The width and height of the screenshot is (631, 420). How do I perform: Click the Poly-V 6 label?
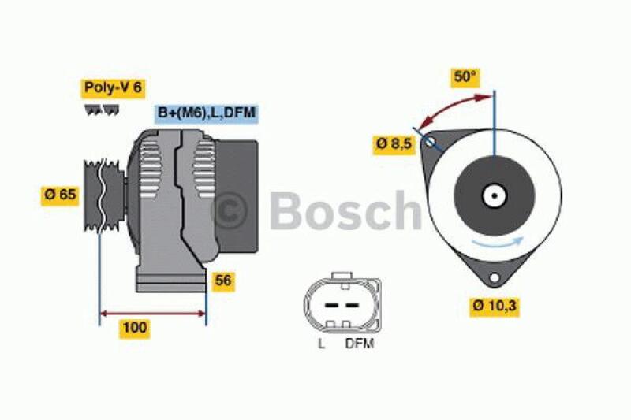coord(112,88)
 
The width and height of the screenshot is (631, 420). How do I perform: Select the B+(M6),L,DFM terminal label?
coord(206,113)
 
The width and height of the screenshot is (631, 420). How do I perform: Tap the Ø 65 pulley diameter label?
coord(60,195)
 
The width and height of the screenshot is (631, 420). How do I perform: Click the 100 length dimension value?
coord(135,328)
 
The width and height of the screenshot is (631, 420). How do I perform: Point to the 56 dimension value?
coord(223,280)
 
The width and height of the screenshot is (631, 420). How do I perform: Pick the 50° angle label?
coord(465,76)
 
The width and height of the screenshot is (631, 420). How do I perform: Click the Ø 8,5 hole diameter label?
coord(394,145)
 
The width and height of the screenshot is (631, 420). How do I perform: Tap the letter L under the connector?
coord(321,344)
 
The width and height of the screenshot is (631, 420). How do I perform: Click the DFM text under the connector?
coord(359,344)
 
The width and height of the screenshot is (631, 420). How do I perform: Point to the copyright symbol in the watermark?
coord(232,210)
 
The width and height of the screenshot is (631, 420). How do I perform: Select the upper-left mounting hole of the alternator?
coord(430,143)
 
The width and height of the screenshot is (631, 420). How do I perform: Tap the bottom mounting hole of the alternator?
coord(495,278)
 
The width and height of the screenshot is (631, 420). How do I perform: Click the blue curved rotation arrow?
coord(493,243)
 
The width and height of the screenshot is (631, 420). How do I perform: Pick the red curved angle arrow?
coord(450,104)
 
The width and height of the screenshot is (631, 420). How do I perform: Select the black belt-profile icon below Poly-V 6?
coord(100,110)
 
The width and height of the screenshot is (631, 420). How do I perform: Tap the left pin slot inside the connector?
coord(330,303)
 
